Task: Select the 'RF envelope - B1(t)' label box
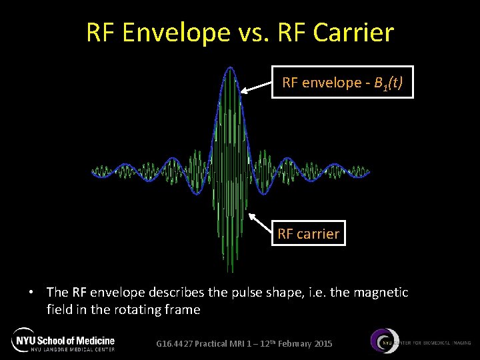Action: (x=342, y=82)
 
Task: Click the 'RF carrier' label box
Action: (x=308, y=234)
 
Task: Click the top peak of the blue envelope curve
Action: (x=230, y=67)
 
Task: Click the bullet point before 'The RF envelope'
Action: (x=31, y=293)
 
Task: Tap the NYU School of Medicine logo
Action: (x=63, y=340)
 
